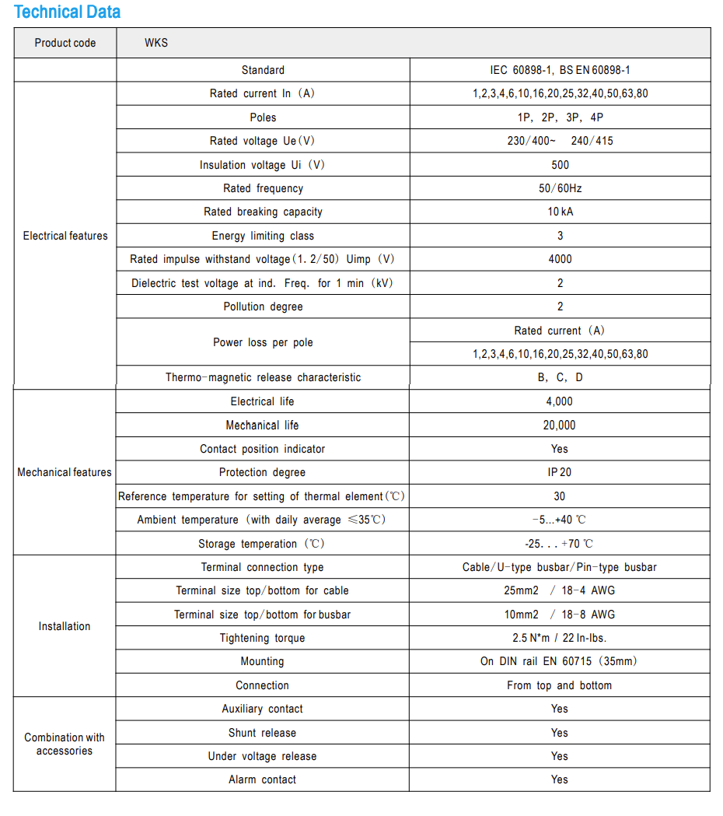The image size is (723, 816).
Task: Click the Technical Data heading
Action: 68,12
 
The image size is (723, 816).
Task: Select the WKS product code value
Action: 155,43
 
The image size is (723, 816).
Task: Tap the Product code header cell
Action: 65,43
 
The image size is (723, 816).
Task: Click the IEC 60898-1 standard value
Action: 560,70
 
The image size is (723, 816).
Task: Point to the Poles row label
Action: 263,117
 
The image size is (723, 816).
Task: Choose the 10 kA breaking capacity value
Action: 560,212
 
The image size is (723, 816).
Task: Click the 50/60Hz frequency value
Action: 560,188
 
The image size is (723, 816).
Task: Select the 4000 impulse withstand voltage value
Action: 560,259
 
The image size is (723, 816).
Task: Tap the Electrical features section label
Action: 65,236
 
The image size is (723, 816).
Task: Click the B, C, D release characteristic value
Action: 560,377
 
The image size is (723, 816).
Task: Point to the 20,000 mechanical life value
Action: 560,426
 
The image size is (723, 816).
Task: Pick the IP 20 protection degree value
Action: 560,472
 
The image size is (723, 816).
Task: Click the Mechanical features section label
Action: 65,472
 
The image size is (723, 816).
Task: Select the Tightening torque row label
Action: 263,638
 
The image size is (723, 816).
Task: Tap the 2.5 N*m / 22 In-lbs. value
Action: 560,638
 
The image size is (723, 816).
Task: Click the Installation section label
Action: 65,626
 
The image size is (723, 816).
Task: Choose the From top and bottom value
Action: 560,685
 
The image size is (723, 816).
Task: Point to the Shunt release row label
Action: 263,733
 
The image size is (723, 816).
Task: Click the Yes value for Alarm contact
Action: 560,779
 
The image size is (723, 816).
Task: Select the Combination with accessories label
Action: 65,744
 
